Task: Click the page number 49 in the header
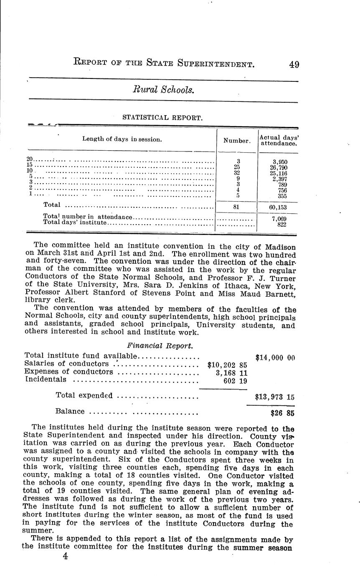point(294,64)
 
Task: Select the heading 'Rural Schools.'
point(163,89)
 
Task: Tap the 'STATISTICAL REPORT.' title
point(162,118)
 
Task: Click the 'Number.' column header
point(237,141)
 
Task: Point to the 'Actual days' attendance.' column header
point(278,140)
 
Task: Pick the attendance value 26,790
point(279,167)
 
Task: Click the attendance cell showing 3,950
point(279,162)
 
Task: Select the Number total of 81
point(237,206)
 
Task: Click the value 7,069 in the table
point(279,219)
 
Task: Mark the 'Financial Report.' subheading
point(160,346)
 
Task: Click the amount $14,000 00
point(275,357)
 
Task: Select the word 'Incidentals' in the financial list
point(46,379)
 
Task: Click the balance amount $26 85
point(283,414)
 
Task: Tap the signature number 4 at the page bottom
point(65,556)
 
